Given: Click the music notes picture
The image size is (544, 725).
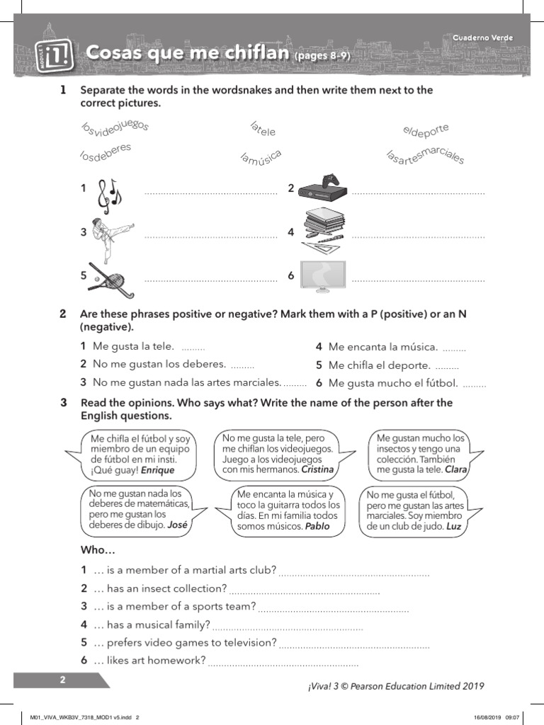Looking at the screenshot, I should (109, 195).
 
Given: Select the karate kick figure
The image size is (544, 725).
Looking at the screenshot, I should (110, 232).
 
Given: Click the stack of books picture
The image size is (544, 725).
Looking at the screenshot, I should (323, 229).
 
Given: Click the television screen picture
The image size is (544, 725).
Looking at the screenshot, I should (323, 275).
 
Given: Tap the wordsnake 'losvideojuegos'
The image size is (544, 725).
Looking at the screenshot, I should (115, 128).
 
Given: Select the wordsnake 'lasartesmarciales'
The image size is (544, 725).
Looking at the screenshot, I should (426, 156).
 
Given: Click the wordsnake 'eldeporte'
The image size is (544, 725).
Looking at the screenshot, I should (426, 131).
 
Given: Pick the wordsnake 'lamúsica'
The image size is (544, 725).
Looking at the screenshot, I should (261, 159).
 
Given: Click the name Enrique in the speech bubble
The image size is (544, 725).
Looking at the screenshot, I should (157, 470).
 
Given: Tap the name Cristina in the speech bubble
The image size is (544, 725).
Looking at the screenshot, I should (317, 469).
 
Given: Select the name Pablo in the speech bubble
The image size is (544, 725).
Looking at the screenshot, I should (317, 527).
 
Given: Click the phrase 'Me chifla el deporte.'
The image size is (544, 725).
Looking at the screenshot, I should (379, 365).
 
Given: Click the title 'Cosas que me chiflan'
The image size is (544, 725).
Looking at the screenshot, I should (188, 54).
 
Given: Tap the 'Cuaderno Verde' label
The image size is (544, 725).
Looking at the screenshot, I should (483, 38).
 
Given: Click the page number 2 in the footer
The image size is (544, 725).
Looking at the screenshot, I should (62, 680).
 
